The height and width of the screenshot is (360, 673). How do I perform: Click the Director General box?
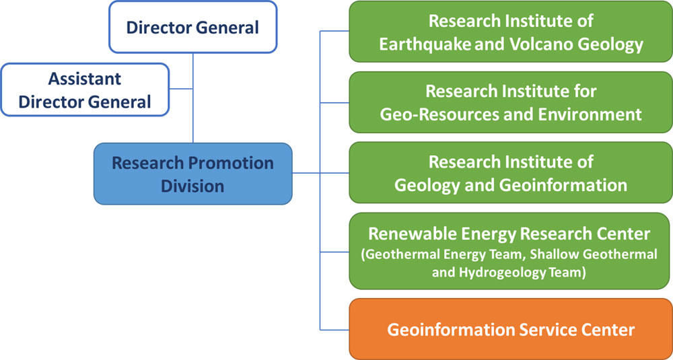click(192, 27)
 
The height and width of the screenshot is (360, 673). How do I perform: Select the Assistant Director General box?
click(85, 90)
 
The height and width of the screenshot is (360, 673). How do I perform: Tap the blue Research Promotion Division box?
click(192, 174)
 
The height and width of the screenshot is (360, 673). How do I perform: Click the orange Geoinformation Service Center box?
click(510, 329)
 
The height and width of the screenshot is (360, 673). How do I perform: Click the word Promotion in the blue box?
click(231, 163)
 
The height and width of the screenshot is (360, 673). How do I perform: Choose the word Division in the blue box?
click(192, 185)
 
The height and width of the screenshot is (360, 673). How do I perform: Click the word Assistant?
click(85, 79)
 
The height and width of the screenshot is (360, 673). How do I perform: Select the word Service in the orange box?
click(542, 330)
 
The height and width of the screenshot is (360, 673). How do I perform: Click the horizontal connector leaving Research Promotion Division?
click(306, 173)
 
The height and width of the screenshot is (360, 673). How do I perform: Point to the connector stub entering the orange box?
click(334, 329)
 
